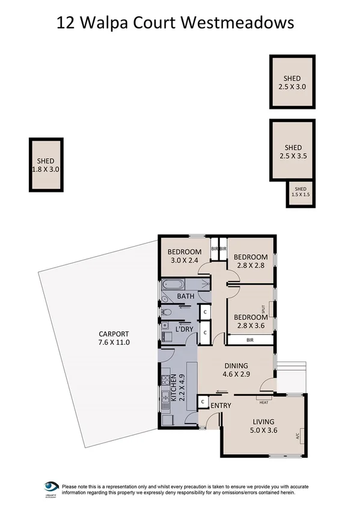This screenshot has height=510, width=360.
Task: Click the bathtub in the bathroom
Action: click(x=172, y=285)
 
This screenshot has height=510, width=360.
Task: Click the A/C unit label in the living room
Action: click(x=297, y=436)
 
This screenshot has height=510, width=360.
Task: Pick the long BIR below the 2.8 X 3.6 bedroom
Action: click(x=249, y=340)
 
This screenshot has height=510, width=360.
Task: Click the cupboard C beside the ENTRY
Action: click(x=203, y=402)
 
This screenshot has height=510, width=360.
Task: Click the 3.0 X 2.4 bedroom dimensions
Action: click(x=183, y=261)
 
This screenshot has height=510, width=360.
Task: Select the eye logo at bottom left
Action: click(x=51, y=487)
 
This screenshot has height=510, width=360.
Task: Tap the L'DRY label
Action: click(x=185, y=329)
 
